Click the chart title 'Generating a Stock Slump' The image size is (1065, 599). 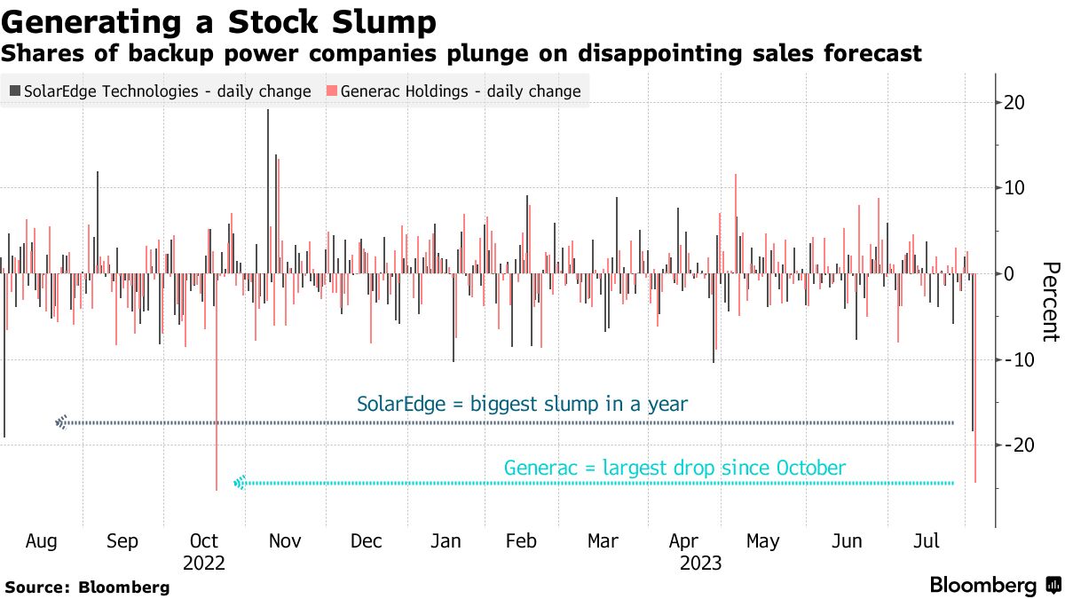[219, 20]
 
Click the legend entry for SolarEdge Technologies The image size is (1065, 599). [160, 91]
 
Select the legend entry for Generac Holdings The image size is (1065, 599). [454, 91]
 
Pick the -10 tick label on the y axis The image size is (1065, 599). [1019, 359]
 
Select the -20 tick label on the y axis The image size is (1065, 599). [1019, 445]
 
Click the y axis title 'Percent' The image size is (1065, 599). [1050, 302]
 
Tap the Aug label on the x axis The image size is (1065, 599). [42, 540]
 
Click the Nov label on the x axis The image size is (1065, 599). [286, 540]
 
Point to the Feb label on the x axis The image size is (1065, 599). [521, 540]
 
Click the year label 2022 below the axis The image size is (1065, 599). [204, 563]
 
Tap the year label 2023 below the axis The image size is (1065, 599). [700, 563]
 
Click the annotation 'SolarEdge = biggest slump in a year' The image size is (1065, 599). [522, 405]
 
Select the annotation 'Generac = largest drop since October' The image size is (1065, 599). [674, 468]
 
